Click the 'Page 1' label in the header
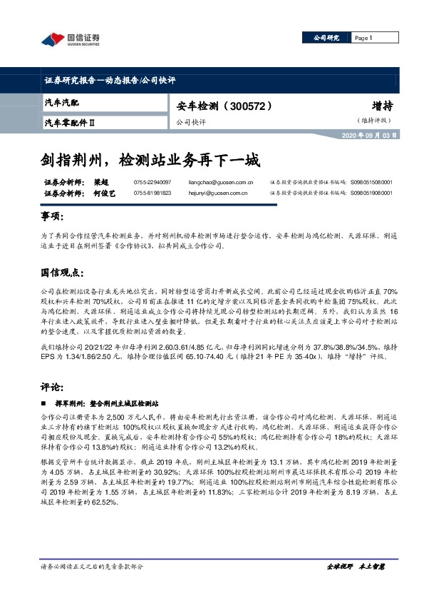363,38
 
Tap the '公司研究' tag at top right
325,38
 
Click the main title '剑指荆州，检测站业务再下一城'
150,158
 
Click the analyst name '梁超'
95,183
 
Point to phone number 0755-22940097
152,183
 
